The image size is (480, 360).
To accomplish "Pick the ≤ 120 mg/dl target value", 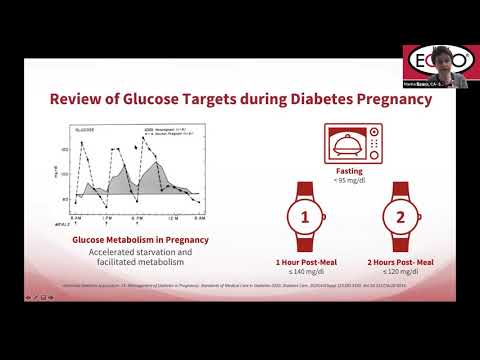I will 399,270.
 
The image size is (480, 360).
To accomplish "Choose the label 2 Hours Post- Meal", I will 399,260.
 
